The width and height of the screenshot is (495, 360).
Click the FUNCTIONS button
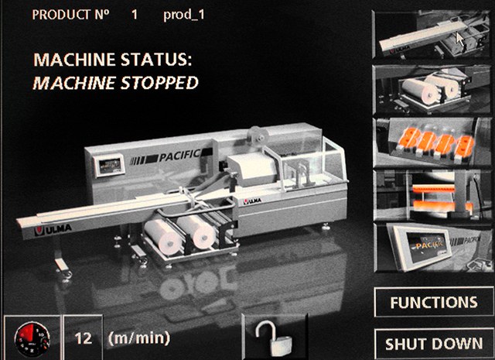[434, 302]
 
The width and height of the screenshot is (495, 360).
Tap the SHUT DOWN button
[434, 344]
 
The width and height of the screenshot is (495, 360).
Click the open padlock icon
[274, 338]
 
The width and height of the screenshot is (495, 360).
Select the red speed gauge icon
[32, 338]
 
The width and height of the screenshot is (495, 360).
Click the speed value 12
[83, 338]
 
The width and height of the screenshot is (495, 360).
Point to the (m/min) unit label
[139, 338]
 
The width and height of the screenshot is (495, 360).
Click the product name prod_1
[184, 15]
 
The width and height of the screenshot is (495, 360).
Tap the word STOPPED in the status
[160, 83]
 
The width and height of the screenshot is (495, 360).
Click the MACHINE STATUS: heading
[113, 60]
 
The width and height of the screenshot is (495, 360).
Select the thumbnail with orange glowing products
[432, 142]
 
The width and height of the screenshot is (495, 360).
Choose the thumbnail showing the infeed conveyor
[432, 34]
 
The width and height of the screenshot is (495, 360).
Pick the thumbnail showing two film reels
[432, 90]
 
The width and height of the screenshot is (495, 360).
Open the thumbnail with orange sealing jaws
[432, 195]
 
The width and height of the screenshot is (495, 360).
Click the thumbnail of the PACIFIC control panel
[432, 248]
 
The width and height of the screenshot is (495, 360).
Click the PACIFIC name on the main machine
[180, 155]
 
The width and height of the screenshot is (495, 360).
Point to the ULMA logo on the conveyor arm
[53, 231]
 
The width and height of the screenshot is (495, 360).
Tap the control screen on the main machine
[110, 166]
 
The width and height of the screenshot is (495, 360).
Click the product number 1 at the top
[135, 15]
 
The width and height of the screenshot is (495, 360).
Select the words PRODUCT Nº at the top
[70, 15]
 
